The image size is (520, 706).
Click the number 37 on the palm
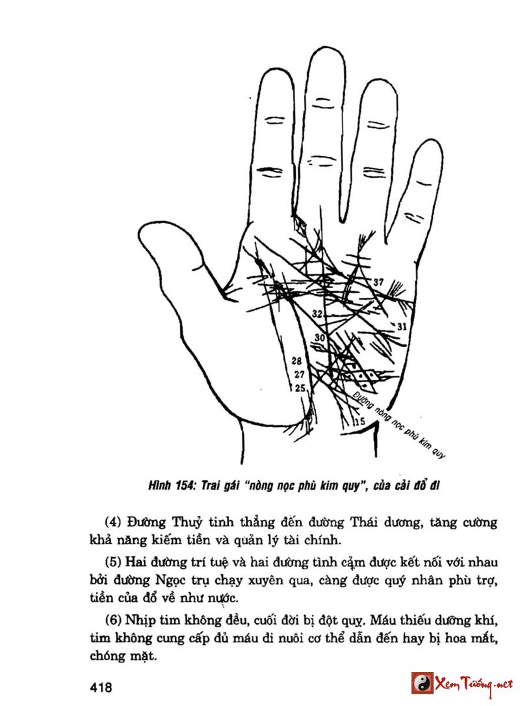[378, 282]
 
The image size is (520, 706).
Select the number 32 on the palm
[317, 314]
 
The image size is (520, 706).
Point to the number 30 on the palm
[319, 337]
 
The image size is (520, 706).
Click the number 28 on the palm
[298, 361]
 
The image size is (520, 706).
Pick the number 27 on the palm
[299, 374]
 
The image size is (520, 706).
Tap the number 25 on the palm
[300, 388]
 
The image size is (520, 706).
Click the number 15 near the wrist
[358, 421]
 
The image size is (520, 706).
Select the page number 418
[103, 688]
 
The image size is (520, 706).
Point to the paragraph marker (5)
[114, 561]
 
